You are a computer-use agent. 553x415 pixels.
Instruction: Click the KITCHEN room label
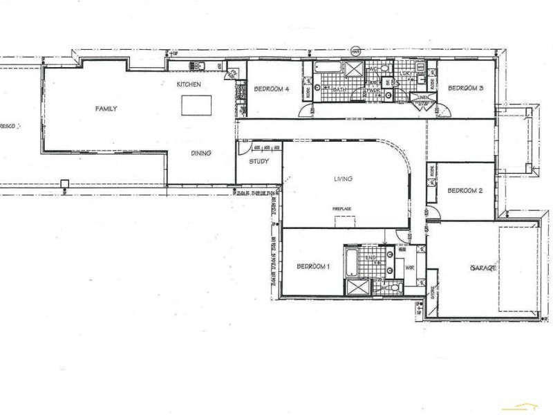click(188, 84)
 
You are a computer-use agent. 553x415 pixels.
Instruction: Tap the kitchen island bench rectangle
click(195, 105)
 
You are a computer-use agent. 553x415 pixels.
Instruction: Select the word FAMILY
click(106, 109)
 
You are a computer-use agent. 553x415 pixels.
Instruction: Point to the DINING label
click(200, 154)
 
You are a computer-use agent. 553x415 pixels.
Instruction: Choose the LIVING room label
click(343, 178)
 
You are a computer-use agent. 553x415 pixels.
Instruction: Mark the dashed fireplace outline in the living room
click(344, 220)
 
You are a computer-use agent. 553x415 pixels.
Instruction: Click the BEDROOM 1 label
click(313, 266)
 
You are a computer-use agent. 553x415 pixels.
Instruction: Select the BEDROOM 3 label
click(465, 88)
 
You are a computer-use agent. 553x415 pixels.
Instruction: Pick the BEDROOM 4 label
click(272, 89)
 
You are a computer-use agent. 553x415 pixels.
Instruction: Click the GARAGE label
click(483, 267)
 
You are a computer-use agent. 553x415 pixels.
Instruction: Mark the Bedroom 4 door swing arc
click(305, 109)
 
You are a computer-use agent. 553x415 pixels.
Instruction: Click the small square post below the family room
click(64, 184)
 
